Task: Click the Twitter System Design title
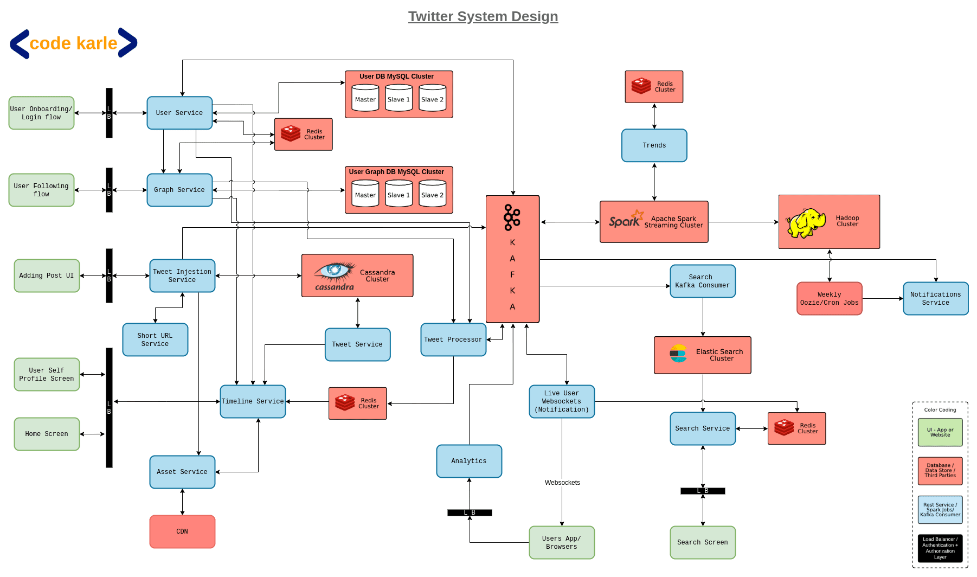(x=483, y=17)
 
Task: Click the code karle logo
(x=74, y=43)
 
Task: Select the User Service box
(x=179, y=113)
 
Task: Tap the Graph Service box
(x=179, y=190)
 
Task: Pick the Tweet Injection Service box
(x=182, y=275)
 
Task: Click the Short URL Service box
(x=155, y=339)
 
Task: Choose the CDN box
(x=182, y=531)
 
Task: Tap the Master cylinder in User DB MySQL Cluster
(x=365, y=99)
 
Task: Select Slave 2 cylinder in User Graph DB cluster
(x=432, y=194)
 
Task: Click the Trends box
(x=654, y=145)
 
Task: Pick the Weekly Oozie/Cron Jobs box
(x=829, y=298)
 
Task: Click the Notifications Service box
(x=935, y=298)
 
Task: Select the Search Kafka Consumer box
(x=702, y=281)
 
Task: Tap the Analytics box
(x=469, y=461)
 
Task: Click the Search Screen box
(x=702, y=542)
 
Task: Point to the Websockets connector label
(x=562, y=483)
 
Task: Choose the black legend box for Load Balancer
(x=940, y=548)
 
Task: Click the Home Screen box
(x=47, y=434)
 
